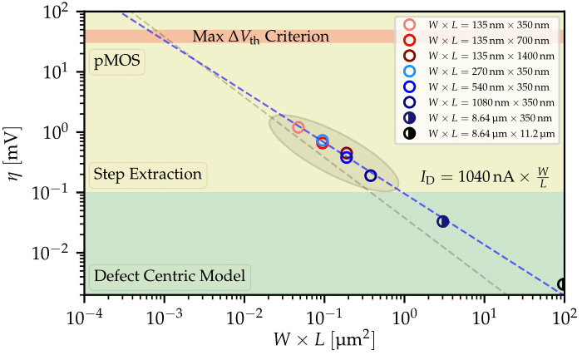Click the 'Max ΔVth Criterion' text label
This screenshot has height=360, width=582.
[261, 37]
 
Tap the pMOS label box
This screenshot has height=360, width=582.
[116, 62]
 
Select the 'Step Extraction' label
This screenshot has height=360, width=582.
[148, 175]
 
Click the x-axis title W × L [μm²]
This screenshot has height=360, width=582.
[324, 341]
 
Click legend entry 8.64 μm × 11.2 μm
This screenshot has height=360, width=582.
[482, 133]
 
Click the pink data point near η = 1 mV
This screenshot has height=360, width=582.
[298, 127]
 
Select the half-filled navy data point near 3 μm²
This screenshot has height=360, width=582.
[443, 221]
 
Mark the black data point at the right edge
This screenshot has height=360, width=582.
[563, 284]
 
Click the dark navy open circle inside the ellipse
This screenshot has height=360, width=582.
[371, 175]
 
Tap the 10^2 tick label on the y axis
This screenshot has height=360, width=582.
[60, 12]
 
